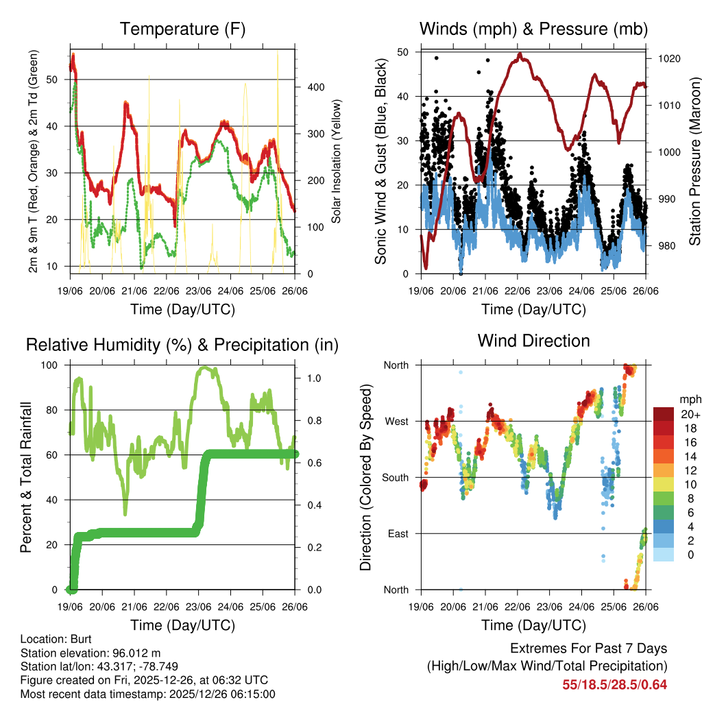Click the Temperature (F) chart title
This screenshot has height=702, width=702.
[182, 29]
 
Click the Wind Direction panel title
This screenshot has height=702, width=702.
[533, 340]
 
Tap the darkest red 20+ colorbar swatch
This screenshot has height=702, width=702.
[663, 414]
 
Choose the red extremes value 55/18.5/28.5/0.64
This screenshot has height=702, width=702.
[614, 684]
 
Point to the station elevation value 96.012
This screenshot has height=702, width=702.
[129, 653]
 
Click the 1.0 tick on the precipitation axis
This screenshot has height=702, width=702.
[312, 378]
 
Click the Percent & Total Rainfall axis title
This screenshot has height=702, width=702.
[26, 477]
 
